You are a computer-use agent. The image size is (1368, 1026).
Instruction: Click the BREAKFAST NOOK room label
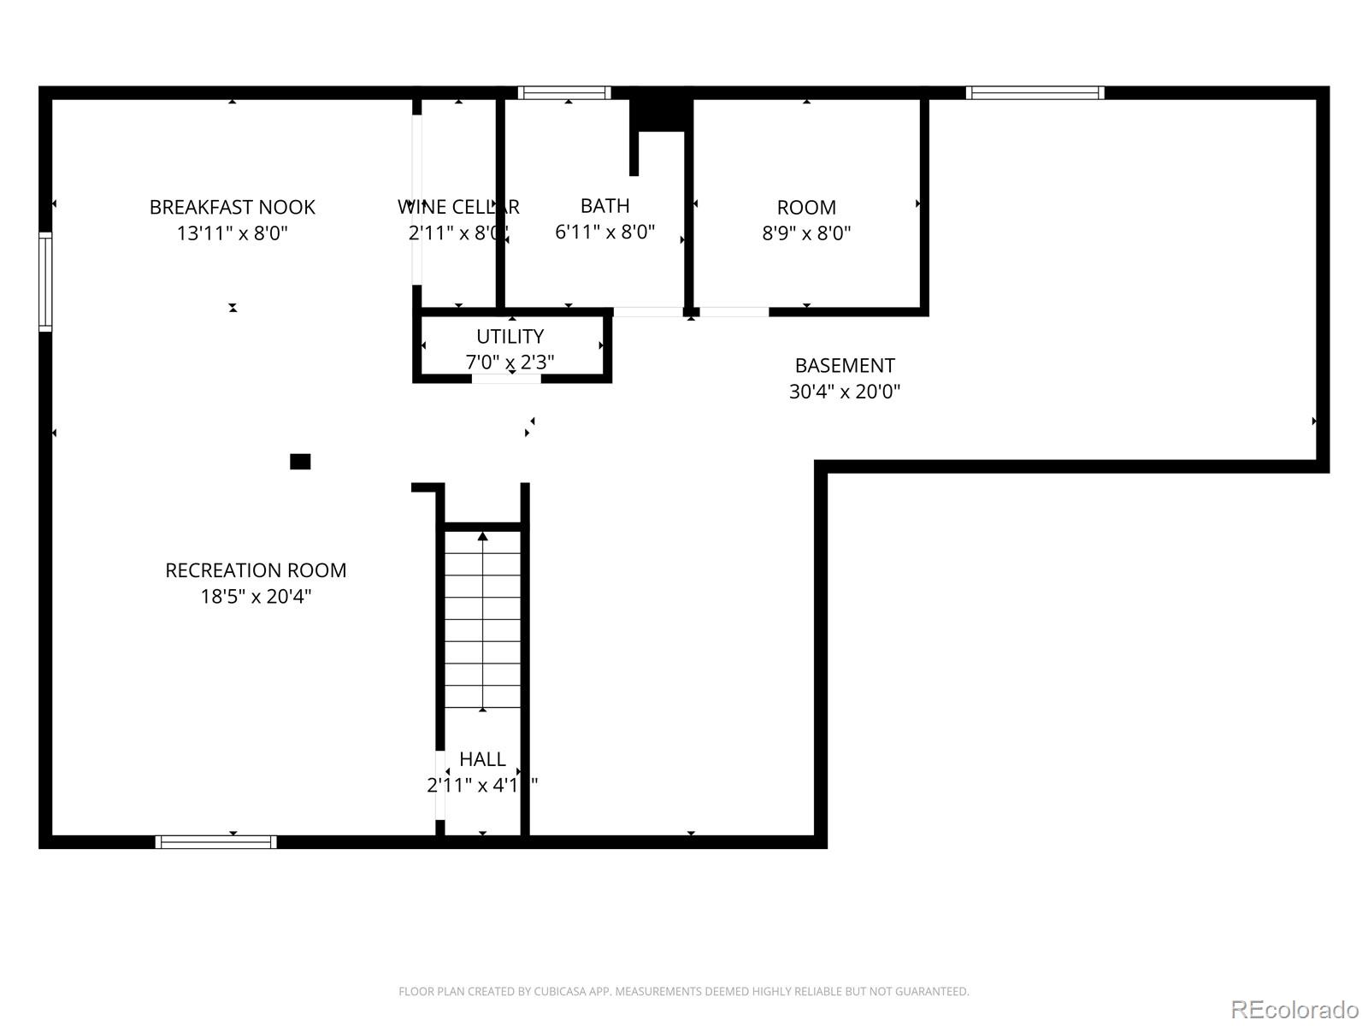coord(232,207)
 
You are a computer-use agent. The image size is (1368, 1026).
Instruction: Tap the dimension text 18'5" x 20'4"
coord(256,597)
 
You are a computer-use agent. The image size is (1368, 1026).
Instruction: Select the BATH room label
coord(604,206)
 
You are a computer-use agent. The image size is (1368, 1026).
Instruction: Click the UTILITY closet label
coord(510,336)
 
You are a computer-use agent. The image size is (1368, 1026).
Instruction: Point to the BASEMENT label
coord(844,365)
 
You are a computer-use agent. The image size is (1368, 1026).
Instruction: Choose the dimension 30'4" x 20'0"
coord(844,392)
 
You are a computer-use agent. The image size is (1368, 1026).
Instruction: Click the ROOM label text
coord(806,207)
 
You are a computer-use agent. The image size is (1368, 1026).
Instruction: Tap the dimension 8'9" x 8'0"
coord(806,233)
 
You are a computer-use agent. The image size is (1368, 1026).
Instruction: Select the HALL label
coord(482,759)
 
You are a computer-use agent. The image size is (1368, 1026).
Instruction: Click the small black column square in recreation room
coord(300,462)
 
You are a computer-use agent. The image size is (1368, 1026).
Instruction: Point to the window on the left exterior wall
coord(45,280)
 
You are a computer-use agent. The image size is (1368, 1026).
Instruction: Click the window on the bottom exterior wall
coord(215,842)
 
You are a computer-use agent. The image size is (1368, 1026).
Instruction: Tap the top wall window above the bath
coord(564,92)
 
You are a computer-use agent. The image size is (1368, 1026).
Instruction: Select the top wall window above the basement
coord(1035,92)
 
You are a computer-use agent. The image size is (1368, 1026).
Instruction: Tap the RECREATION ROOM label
coord(256,570)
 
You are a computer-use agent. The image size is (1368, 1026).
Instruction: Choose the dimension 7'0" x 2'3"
coord(510,363)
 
